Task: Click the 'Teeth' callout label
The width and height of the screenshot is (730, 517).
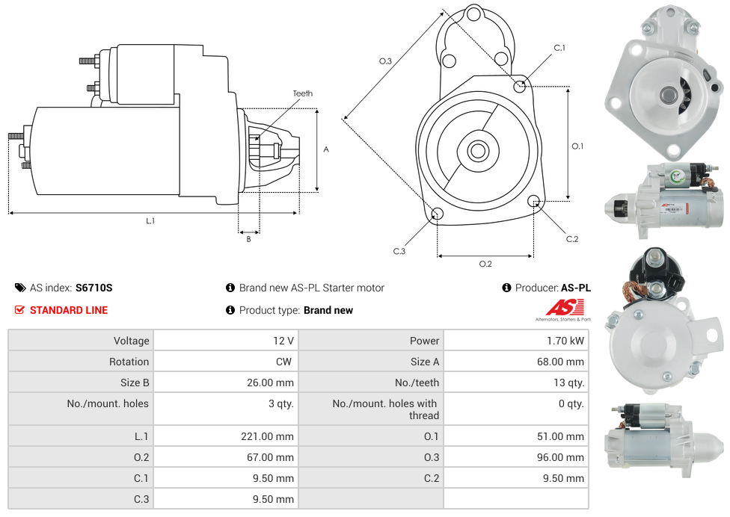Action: point(302,93)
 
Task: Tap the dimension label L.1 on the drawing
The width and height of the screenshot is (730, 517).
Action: point(150,220)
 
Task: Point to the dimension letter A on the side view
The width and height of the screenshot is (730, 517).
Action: point(326,149)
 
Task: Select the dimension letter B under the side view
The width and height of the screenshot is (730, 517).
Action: point(248,239)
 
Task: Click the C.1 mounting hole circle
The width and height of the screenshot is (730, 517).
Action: point(519,86)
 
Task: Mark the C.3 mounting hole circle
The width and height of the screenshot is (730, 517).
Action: point(438,215)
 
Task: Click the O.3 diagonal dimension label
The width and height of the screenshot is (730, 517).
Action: point(385,61)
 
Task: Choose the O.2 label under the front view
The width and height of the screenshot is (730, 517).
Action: point(485,264)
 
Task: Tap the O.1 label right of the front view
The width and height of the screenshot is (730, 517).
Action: point(577,146)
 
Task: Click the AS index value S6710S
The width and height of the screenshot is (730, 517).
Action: point(93,288)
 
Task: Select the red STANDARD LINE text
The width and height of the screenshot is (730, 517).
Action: point(68,310)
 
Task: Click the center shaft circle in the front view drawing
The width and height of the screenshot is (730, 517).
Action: point(477,151)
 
